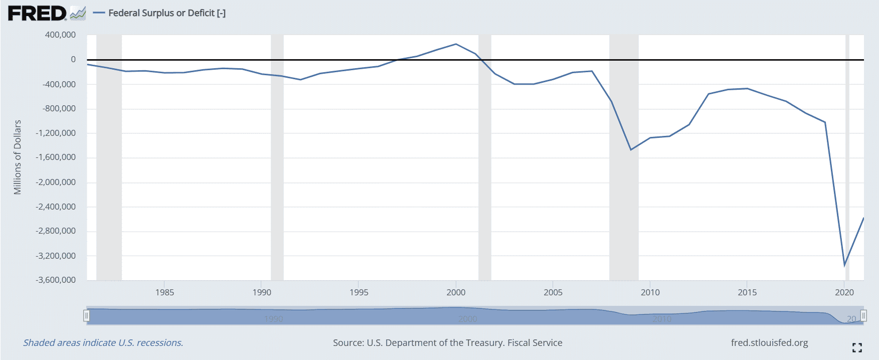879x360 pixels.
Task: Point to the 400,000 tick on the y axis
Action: [x=60, y=35]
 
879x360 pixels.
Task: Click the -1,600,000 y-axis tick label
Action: [x=56, y=157]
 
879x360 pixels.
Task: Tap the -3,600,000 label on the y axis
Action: [x=56, y=280]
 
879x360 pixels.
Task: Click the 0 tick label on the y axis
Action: [x=73, y=59]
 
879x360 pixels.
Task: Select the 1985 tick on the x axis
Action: [x=164, y=292]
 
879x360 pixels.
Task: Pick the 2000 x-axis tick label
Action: [x=456, y=292]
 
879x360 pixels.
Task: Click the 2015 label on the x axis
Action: [x=747, y=292]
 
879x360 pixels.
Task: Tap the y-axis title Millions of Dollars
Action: [x=18, y=157]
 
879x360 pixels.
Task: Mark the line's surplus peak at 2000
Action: [x=456, y=44]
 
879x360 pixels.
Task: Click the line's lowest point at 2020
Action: [x=844, y=265]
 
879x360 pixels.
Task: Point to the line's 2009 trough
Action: [x=631, y=149]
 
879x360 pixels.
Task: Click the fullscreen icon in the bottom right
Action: [x=857, y=347]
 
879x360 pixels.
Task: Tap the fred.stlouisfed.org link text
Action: [x=769, y=343]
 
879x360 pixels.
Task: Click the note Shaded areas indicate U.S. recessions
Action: [x=103, y=343]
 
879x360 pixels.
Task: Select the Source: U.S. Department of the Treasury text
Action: [x=447, y=343]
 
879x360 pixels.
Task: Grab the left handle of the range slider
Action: [x=86, y=315]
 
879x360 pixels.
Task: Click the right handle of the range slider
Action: [x=863, y=315]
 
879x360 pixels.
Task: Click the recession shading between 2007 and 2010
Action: [x=624, y=201]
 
